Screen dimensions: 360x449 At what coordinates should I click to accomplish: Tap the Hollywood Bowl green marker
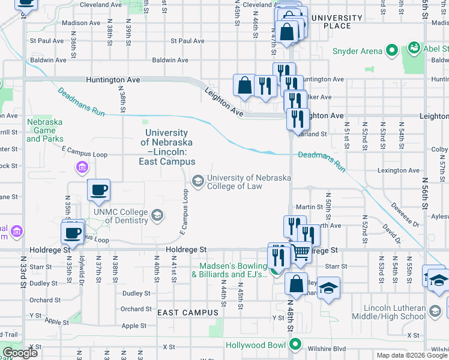pyautogui.click(x=294, y=344)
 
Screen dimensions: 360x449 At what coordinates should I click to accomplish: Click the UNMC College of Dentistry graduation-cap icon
pyautogui.click(x=157, y=215)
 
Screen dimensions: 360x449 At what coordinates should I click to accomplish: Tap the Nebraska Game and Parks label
pyautogui.click(x=44, y=130)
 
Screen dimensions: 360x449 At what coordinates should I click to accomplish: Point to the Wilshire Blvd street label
pyautogui.click(x=327, y=349)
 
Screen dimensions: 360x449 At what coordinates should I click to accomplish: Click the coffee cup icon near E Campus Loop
pyautogui.click(x=98, y=190)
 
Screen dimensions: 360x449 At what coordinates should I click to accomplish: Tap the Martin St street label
pyautogui.click(x=313, y=207)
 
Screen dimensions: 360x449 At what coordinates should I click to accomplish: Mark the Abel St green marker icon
pyautogui.click(x=414, y=47)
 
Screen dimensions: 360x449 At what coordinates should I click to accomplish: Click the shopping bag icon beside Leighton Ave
pyautogui.click(x=244, y=85)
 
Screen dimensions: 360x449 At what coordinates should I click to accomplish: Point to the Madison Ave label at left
pyautogui.click(x=81, y=23)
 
